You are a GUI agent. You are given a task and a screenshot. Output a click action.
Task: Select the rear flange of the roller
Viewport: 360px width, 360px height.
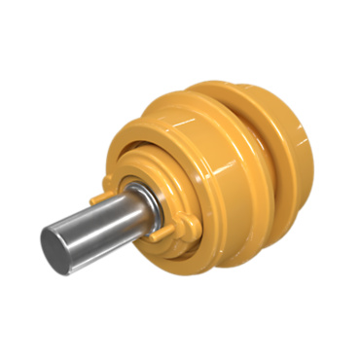[282, 146]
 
